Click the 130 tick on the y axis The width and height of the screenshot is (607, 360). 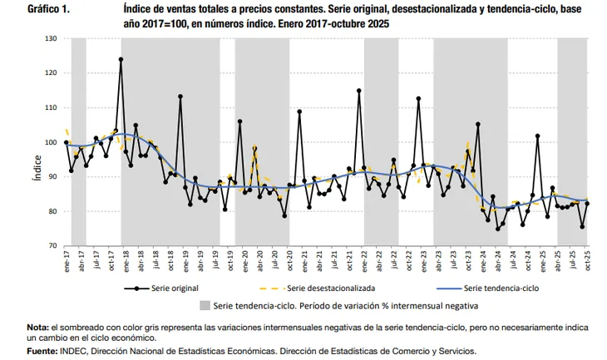pyautogui.click(x=52, y=38)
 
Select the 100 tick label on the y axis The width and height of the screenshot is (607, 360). pyautogui.click(x=52, y=142)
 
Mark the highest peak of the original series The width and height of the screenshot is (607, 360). pyautogui.click(x=121, y=59)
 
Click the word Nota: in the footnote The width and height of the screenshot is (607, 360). pyautogui.click(x=38, y=328)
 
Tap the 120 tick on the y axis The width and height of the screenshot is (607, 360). pyautogui.click(x=52, y=73)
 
